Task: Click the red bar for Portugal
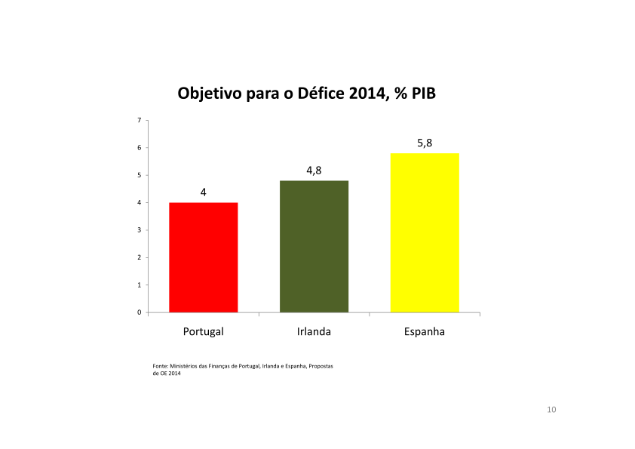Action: pos(204,257)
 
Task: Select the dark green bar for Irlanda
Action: pos(314,246)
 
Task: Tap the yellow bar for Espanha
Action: pos(425,232)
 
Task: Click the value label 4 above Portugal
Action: pos(203,192)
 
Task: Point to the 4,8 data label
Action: pos(314,171)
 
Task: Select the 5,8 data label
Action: pos(425,143)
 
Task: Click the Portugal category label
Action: pos(204,331)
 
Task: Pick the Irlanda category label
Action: pos(314,331)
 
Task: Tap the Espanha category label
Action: pos(425,331)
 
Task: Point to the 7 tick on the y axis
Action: pos(139,120)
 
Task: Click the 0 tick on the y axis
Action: pos(139,312)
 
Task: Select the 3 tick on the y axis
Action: pos(139,230)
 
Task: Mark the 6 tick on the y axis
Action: pos(139,148)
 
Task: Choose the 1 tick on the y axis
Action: pos(139,285)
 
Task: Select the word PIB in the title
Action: pos(423,94)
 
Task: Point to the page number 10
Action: pos(551,410)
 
